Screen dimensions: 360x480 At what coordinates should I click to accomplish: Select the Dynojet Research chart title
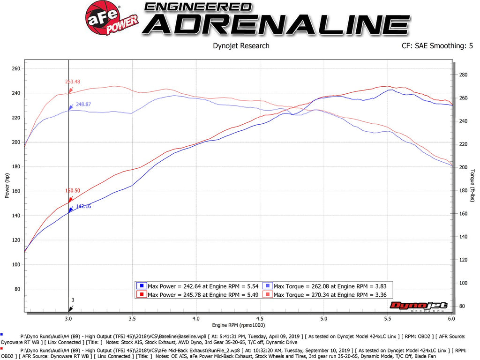pos(241,46)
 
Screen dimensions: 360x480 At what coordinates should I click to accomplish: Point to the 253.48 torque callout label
pos(72,82)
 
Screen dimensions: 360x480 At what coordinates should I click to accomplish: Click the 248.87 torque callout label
pos(83,105)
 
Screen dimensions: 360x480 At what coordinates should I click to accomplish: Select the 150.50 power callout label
pos(73,191)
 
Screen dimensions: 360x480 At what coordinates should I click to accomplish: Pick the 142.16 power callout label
pos(83,206)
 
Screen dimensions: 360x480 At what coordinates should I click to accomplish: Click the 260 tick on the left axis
pos(16,69)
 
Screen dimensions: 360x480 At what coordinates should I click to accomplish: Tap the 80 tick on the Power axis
pos(17,289)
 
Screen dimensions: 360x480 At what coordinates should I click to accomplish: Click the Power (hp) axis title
pos(7,185)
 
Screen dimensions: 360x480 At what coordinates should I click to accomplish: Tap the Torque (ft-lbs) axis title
pos(472,186)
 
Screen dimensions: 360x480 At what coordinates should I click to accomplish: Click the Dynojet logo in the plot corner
pos(419,306)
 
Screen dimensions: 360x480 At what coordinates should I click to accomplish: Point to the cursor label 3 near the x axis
pos(73,300)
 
